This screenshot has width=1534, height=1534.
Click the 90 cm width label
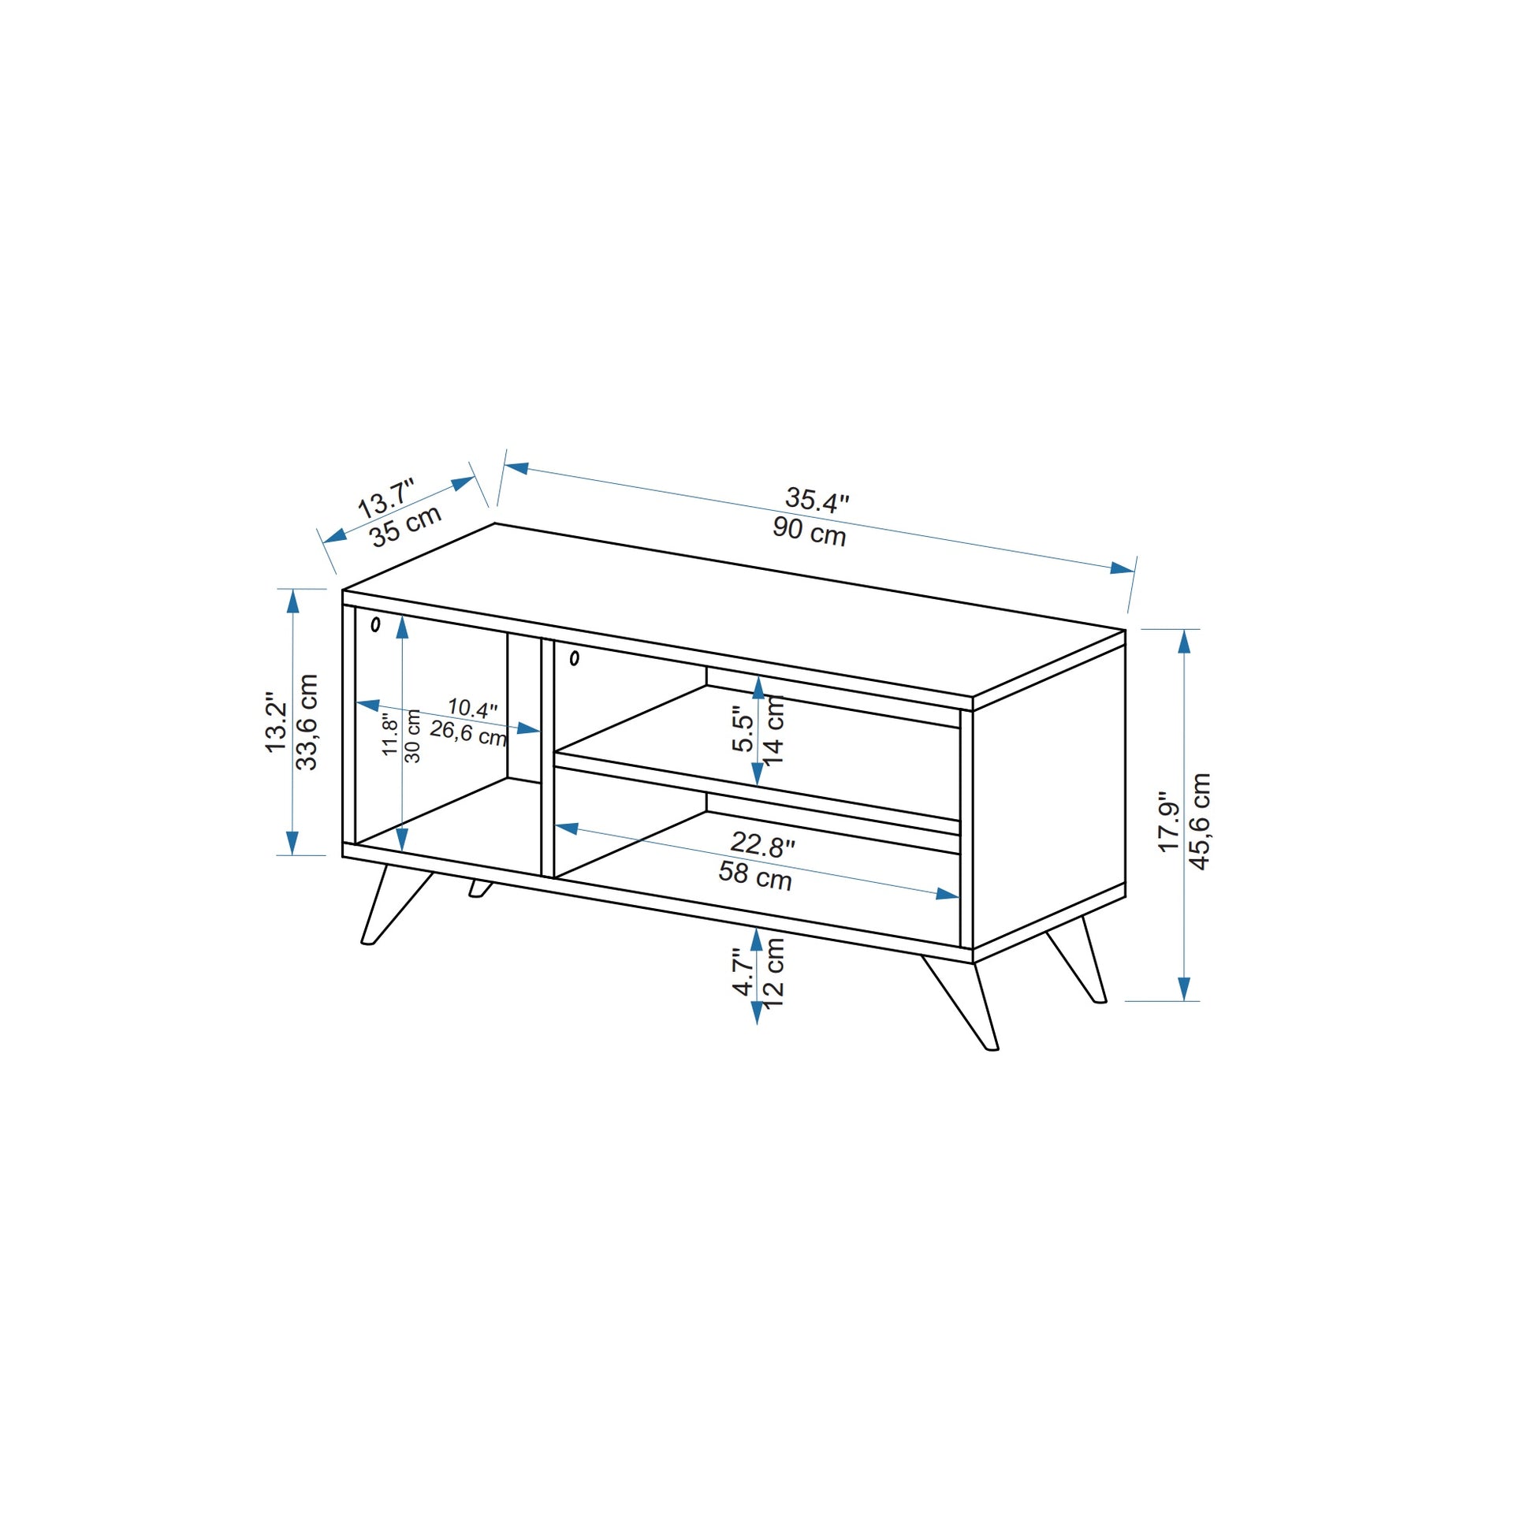coord(809,531)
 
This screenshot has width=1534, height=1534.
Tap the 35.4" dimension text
coord(817,500)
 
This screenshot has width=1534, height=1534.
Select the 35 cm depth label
coord(406,526)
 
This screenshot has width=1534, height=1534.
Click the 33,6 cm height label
coord(307,722)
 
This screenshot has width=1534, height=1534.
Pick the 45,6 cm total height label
coord(1200,821)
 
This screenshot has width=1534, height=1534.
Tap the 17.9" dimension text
coord(1169,821)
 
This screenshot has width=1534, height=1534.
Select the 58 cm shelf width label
coord(755,876)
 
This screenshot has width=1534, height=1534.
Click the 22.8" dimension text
coord(762,845)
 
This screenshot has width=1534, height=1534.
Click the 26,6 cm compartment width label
coord(468,733)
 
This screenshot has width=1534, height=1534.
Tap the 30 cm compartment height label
coord(413,736)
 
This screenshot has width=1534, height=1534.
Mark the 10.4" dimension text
coord(472,707)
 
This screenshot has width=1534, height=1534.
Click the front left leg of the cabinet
coord(395,905)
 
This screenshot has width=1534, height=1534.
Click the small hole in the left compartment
coord(375,625)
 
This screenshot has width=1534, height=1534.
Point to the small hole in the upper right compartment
coord(574,658)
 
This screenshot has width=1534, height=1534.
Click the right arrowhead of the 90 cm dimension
coord(1123,568)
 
